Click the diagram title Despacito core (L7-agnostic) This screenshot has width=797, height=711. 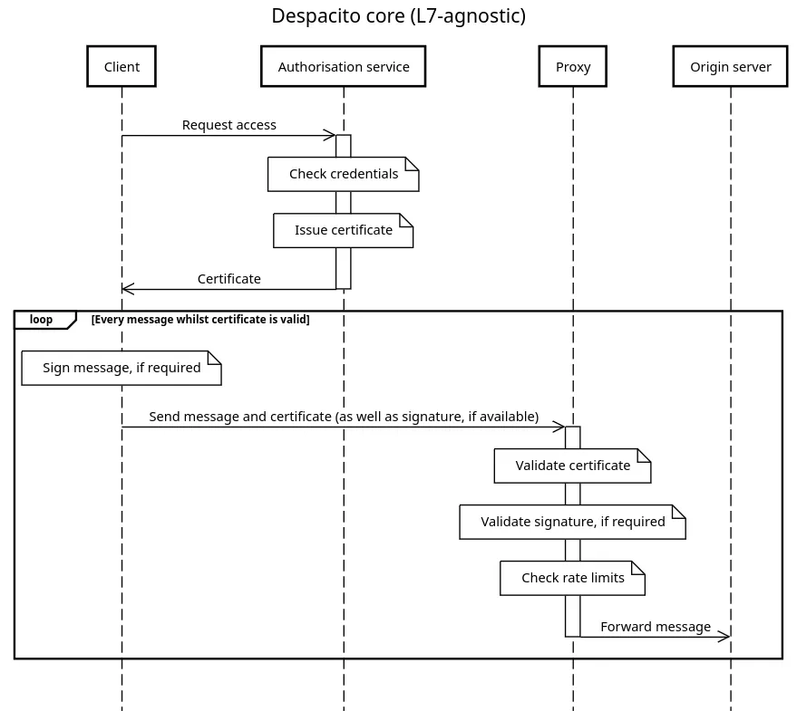click(398, 16)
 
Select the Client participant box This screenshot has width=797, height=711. click(121, 66)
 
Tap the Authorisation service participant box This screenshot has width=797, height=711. click(343, 66)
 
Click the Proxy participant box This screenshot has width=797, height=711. click(572, 66)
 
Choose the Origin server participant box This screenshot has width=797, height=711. click(730, 66)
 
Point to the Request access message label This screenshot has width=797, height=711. click(228, 125)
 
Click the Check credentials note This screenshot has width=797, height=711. click(343, 174)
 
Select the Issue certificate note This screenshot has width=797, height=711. click(343, 230)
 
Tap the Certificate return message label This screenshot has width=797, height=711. click(228, 279)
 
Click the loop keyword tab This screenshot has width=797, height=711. click(42, 320)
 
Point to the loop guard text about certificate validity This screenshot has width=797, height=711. click(200, 320)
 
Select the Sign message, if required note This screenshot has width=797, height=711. click(121, 368)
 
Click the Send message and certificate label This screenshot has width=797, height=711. click(344, 417)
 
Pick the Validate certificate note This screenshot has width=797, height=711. click(572, 466)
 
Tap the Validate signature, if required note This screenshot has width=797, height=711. click(572, 522)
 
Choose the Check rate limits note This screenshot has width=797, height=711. click(572, 578)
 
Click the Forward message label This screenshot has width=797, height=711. click(655, 627)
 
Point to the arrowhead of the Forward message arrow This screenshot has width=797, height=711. click(724, 637)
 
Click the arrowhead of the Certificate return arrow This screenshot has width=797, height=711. click(128, 289)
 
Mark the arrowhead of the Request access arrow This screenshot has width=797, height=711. click(330, 136)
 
